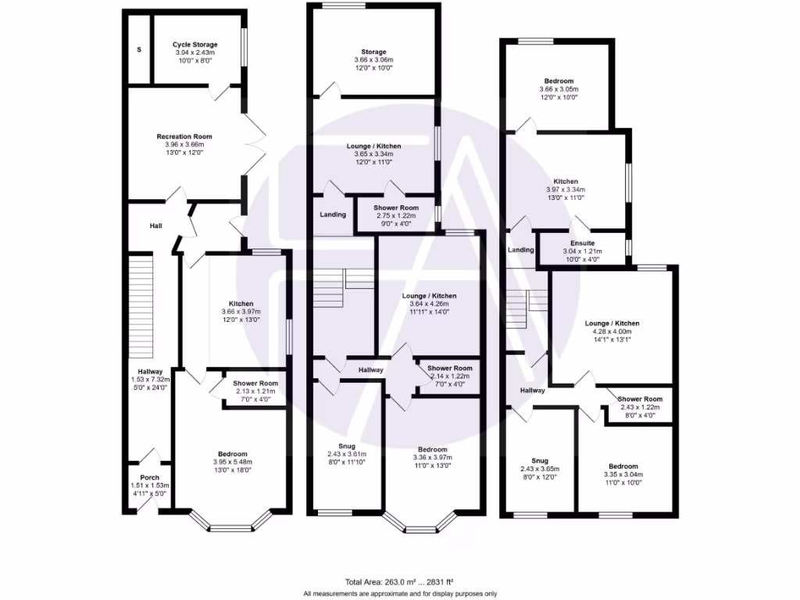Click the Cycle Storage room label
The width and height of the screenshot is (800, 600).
[x=195, y=45]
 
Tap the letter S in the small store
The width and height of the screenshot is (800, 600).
[x=139, y=50]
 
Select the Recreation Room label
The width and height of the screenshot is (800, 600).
[x=184, y=137]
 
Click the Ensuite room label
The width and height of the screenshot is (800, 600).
[x=583, y=243]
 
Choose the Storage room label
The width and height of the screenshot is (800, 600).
[x=373, y=52]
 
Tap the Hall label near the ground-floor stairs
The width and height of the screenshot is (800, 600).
[x=155, y=226]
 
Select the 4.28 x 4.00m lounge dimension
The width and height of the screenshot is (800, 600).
[x=612, y=331]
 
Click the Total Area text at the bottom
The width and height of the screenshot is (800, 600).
[x=399, y=581]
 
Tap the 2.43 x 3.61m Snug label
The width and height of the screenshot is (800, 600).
[x=346, y=446]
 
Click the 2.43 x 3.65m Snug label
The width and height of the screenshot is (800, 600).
[x=539, y=461]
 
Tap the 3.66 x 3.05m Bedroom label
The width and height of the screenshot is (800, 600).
[x=559, y=81]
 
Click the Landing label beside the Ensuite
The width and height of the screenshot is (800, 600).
[x=521, y=250]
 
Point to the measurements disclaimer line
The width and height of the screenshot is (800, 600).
[x=400, y=593]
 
